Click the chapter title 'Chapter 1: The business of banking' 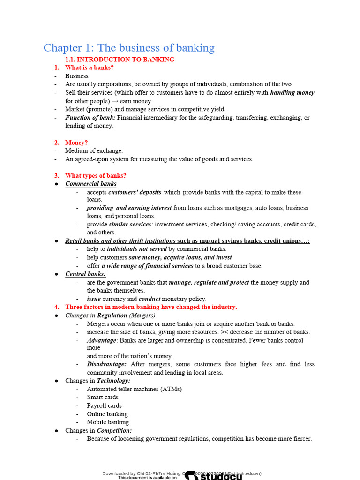(x=129, y=48)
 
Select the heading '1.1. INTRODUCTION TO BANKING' (x=120, y=60)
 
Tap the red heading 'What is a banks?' (x=89, y=67)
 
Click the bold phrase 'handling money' (x=292, y=93)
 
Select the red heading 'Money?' (x=76, y=142)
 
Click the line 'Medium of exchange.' (x=94, y=151)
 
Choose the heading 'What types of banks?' (x=96, y=176)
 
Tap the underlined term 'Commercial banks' (x=91, y=184)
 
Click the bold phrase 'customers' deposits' (x=135, y=192)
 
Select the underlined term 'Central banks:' (x=85, y=274)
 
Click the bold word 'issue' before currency (x=94, y=299)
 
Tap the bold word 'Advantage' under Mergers (x=101, y=340)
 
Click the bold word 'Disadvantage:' (x=107, y=364)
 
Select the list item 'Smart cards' (x=103, y=397)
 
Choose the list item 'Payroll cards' (x=104, y=405)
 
